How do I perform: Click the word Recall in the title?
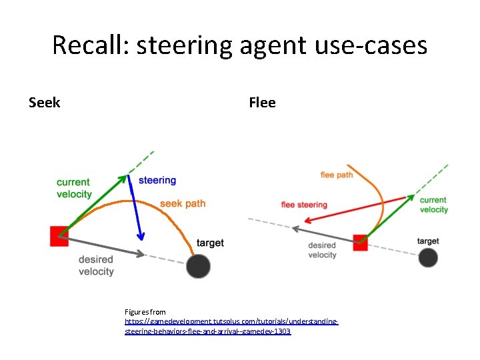(89, 45)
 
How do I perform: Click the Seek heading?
(45, 103)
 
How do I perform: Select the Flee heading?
(262, 103)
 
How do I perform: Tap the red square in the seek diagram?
(59, 236)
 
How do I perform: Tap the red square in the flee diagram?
(360, 242)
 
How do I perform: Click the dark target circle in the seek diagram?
(198, 266)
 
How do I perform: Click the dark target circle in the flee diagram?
(428, 258)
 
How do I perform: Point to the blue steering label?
(157, 180)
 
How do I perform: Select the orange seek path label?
(183, 203)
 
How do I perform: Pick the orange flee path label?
(337, 175)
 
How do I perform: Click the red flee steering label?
(304, 205)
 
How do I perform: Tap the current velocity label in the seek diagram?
(74, 188)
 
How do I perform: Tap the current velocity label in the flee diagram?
(434, 205)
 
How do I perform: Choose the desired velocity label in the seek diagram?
(96, 265)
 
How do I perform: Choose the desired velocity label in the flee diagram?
(322, 250)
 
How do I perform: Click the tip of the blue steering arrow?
(141, 239)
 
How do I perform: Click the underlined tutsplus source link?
(231, 326)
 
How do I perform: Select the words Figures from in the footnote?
(145, 312)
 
